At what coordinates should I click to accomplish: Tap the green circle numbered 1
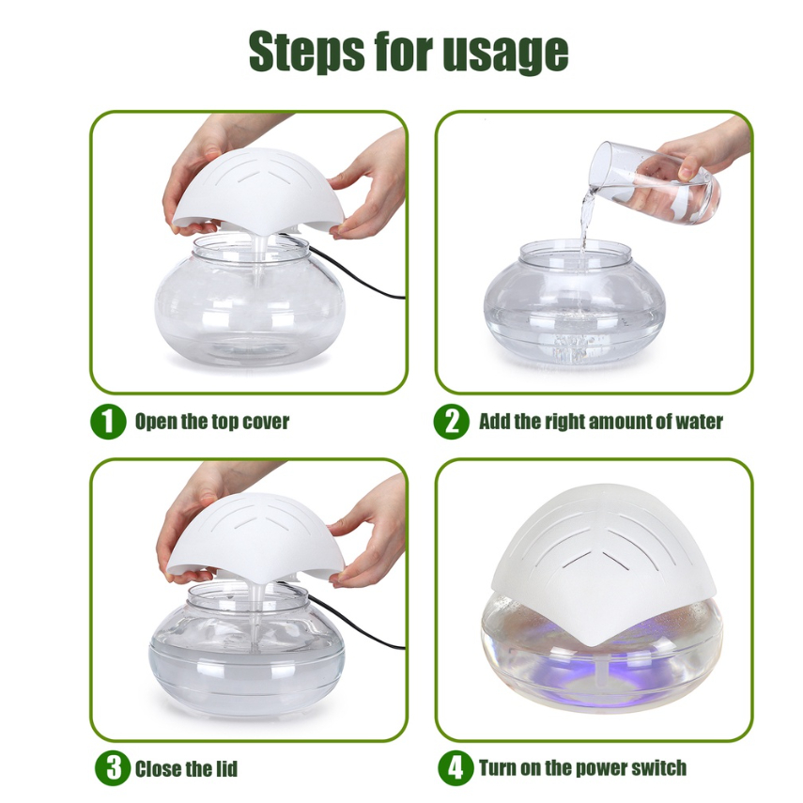tap(108, 422)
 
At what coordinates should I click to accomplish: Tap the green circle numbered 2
tap(451, 422)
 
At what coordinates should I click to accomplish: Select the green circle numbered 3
tap(112, 768)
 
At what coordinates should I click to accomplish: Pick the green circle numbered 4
tap(456, 768)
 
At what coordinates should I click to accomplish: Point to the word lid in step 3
tap(225, 768)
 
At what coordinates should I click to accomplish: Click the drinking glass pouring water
tap(654, 181)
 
